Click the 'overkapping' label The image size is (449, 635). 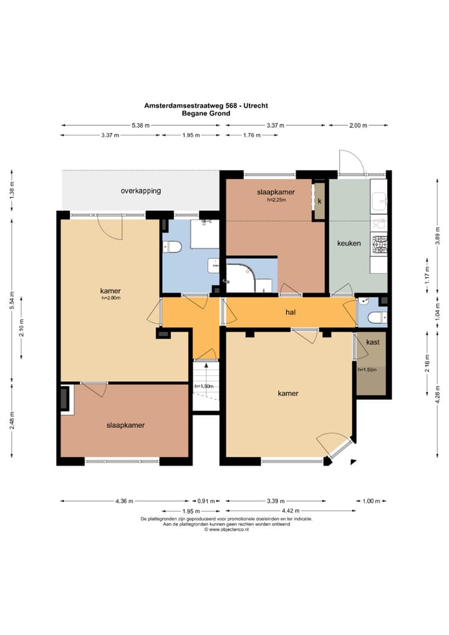[140, 191]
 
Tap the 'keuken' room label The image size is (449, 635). [349, 243]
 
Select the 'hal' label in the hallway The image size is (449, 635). [291, 313]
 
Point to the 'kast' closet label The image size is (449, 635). [372, 342]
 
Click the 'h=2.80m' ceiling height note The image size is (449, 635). [111, 298]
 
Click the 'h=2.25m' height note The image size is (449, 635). [276, 200]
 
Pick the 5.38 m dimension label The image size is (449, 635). [140, 125]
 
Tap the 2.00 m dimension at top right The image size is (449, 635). [358, 125]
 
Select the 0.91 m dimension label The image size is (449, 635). [206, 501]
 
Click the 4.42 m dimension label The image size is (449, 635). [291, 511]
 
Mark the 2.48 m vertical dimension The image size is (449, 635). [11, 420]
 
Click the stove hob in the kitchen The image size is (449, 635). [379, 245]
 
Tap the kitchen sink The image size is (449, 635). [379, 199]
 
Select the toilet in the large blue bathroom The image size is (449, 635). [171, 246]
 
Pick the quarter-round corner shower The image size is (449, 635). [239, 278]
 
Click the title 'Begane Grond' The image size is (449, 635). [206, 114]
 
